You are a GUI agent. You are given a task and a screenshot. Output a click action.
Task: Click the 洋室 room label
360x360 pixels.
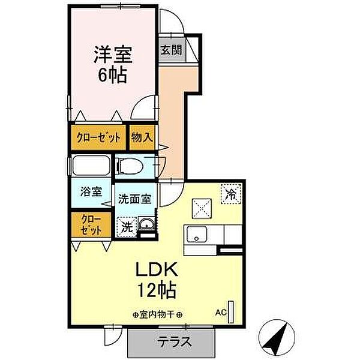click(112, 53)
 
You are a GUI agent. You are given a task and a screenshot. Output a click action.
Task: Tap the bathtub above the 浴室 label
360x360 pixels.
click(91, 164)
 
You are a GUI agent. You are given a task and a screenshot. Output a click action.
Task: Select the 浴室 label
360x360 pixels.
click(91, 193)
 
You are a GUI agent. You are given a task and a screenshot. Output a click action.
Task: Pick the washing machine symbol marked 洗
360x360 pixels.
click(126, 227)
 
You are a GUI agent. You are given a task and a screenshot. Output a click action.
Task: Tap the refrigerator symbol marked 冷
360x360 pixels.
click(230, 193)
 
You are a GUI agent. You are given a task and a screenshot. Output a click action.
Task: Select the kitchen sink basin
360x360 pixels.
click(196, 235)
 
